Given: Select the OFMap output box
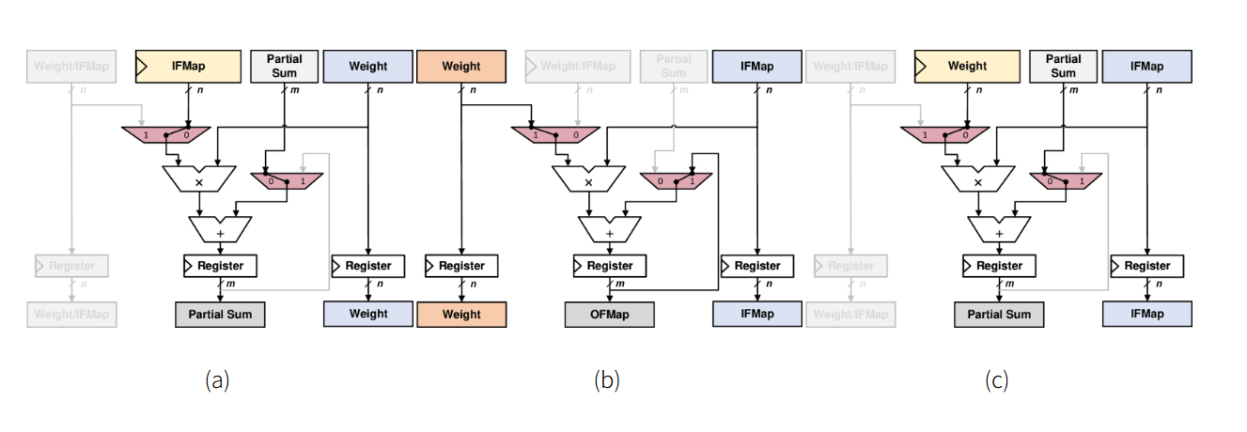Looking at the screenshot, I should pos(609,314).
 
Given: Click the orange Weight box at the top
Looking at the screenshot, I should pos(461,67).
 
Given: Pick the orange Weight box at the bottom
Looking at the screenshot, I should pos(461,314).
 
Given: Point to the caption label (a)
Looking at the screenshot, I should pos(217,380).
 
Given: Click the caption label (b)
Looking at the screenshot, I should pos(607,380).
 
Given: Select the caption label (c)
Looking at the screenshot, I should pos(997,380).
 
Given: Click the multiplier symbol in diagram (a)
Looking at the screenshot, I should pos(198,181).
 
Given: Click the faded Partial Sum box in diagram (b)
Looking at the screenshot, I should pos(674,67).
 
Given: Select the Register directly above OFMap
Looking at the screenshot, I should pos(609,266).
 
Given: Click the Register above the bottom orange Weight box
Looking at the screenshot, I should pos(461,266).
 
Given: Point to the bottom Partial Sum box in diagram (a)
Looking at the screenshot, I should pos(220,314).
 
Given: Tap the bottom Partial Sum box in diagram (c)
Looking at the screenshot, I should pos(999,314).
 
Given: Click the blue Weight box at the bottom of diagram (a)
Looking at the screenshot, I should pos(368,314).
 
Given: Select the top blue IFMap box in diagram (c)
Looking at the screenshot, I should pos(1147,67).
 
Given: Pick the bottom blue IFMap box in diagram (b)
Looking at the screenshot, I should pos(757,314).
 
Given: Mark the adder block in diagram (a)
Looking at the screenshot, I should pos(220,230).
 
